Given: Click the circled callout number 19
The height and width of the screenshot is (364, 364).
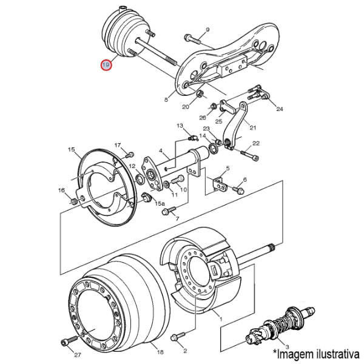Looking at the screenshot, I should click(x=106, y=64).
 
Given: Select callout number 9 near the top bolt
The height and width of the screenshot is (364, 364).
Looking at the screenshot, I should click(x=207, y=30).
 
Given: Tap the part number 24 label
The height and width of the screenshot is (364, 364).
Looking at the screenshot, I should click(x=280, y=109).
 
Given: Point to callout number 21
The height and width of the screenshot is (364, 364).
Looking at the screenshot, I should click(x=253, y=127).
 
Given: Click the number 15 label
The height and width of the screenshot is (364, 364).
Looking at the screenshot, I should click(x=71, y=149).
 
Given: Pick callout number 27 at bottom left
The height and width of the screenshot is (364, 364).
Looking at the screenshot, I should click(x=77, y=354).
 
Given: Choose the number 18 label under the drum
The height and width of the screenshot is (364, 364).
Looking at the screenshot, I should click(x=160, y=352).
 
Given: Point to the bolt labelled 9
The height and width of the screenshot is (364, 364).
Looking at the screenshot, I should click(x=192, y=40).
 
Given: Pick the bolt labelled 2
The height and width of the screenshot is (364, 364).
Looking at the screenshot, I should click(x=177, y=335).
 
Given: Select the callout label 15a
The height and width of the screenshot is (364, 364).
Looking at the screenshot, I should click(x=160, y=204).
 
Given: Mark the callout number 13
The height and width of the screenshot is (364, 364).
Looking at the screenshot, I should click(x=180, y=126).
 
